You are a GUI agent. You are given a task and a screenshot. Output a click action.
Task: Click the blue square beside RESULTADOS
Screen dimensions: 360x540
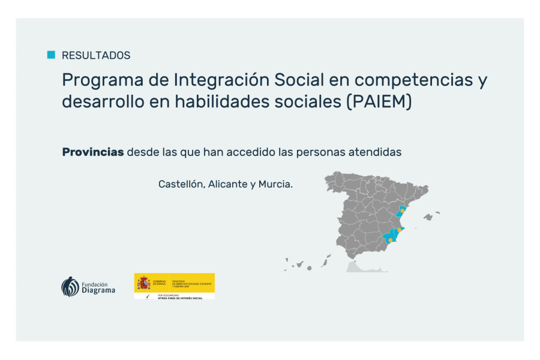51,55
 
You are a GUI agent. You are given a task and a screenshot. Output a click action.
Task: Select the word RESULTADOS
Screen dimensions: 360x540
96,55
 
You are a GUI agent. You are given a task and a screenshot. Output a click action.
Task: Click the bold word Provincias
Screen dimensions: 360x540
93,152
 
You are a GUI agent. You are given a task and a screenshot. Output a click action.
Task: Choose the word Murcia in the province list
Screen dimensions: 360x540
275,184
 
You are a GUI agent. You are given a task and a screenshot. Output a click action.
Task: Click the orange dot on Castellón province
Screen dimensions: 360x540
403,210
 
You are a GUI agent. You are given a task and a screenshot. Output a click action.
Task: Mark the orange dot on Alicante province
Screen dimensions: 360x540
400,230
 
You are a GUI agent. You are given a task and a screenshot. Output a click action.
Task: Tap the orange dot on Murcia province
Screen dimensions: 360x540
390,240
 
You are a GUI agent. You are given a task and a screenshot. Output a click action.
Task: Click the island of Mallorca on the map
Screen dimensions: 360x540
428,217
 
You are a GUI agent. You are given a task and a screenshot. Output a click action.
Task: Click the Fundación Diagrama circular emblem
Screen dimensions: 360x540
70,286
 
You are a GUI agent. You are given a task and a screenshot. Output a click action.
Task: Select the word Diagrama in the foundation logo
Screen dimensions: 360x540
98,290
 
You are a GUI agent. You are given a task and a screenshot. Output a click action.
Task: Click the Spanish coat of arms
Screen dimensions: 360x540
143,283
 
